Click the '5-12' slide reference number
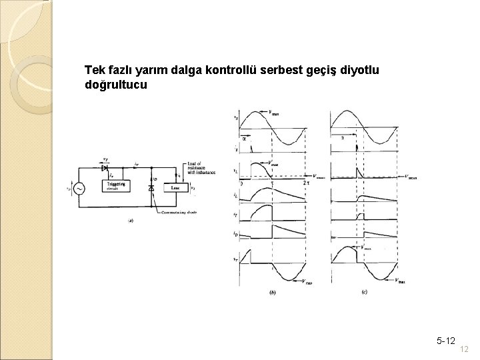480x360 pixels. [446, 341]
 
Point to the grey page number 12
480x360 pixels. [465, 350]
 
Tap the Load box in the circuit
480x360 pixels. [177, 188]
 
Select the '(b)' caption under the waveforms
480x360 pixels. [272, 292]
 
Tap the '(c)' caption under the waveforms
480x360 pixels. [364, 292]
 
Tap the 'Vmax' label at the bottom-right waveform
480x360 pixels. [401, 280]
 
